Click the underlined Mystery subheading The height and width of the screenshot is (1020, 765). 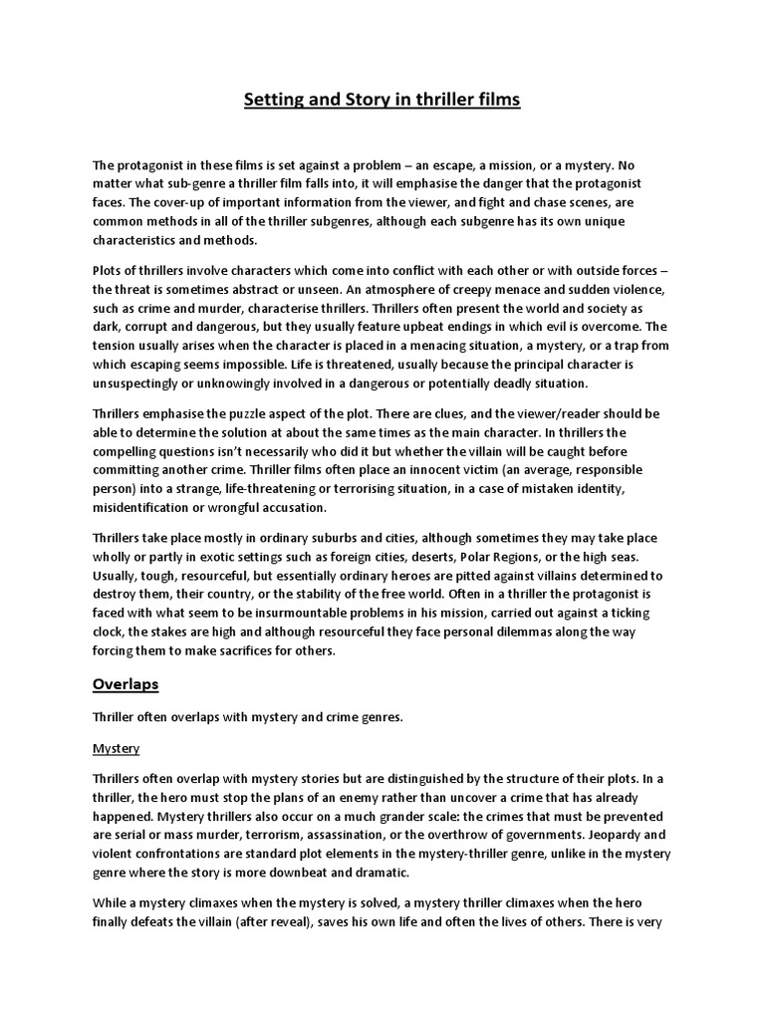(x=116, y=747)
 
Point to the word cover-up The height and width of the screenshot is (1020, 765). (x=170, y=200)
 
